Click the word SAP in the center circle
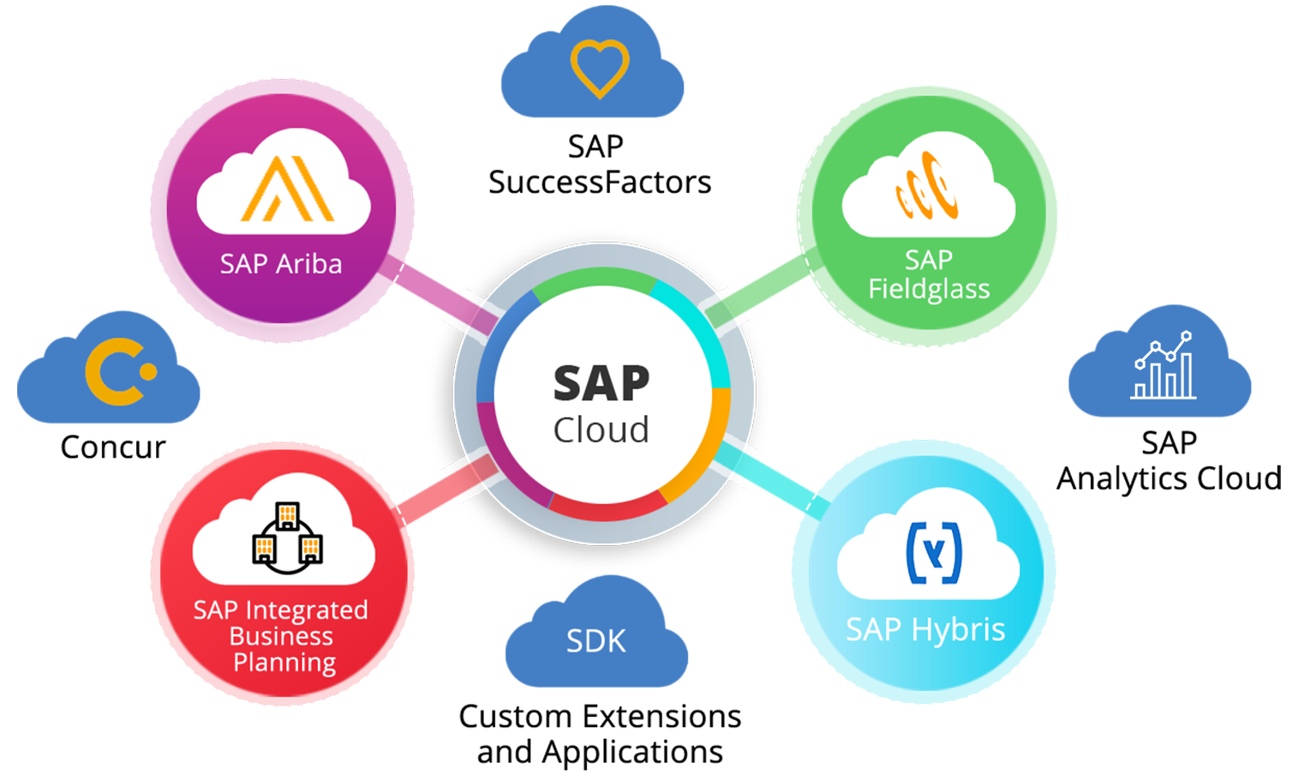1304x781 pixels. pyautogui.click(x=601, y=383)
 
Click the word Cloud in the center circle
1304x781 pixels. pyautogui.click(x=601, y=430)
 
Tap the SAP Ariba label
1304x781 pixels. pyautogui.click(x=281, y=264)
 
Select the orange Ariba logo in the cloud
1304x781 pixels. pyautogui.click(x=286, y=189)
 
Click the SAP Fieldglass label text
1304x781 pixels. pyautogui.click(x=929, y=274)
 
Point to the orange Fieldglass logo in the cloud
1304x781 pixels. pyautogui.click(x=927, y=185)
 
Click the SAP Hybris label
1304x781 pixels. pyautogui.click(x=925, y=630)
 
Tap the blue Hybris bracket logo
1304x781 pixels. pyautogui.click(x=934, y=553)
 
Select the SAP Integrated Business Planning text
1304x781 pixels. pyautogui.click(x=282, y=636)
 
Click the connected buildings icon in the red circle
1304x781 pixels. pyautogui.click(x=287, y=538)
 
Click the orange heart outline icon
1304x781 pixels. pyautogui.click(x=600, y=69)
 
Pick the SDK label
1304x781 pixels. pyautogui.click(x=596, y=641)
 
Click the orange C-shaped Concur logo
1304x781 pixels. pyautogui.click(x=120, y=371)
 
